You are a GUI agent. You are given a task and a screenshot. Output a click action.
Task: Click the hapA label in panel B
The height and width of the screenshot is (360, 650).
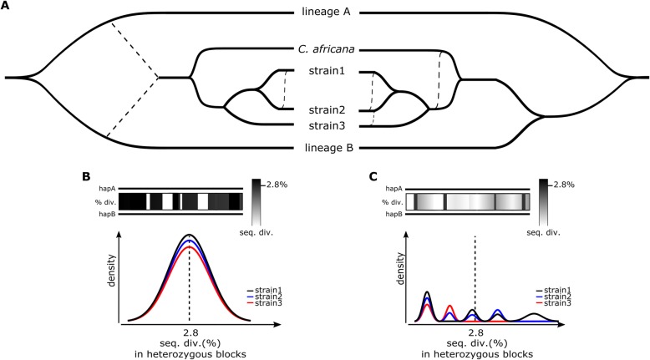tap(104, 188)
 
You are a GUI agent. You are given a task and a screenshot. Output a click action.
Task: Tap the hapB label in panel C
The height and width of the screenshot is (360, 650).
tap(394, 214)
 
